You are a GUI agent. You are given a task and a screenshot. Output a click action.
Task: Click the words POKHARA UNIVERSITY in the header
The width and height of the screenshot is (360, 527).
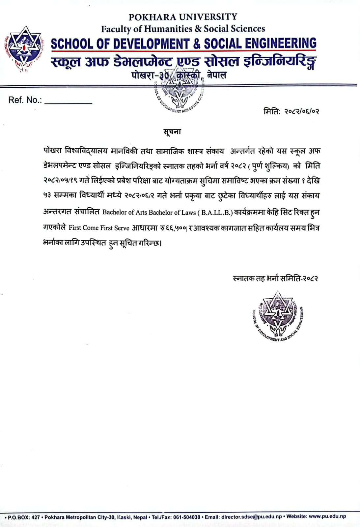pos(183,17)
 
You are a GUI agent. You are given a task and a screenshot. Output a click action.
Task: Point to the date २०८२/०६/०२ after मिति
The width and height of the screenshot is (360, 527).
pos(301,111)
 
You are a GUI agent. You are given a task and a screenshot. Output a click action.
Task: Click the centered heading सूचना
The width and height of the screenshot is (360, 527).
pos(172,132)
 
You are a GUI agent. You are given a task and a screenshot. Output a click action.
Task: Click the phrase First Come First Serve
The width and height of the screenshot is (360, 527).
pos(99,228)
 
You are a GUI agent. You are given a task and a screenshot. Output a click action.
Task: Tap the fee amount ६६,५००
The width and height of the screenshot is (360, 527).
pos(176,228)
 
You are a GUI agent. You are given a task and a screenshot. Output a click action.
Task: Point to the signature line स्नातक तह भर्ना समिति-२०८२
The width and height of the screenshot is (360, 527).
pos(275,279)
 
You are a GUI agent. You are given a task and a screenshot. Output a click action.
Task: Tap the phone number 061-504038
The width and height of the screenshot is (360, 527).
pos(186,517)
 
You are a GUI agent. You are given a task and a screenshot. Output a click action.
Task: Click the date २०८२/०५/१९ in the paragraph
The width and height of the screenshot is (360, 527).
pos(60,181)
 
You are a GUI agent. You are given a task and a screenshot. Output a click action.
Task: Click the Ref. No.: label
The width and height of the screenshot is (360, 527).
pos(25,100)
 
